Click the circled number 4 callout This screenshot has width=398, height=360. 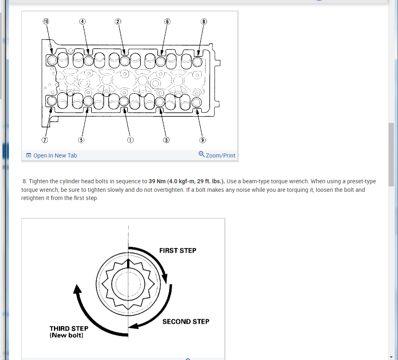pos(82,21)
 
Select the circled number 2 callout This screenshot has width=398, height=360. pos(118,21)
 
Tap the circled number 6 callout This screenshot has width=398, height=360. pos(167,21)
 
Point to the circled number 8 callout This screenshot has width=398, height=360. pos(204,21)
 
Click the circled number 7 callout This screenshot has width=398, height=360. pos(45,140)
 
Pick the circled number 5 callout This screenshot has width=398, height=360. pos(81,140)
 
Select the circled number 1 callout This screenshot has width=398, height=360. pos(130,140)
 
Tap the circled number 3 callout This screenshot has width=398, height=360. pos(166,140)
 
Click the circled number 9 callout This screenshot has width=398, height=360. pos(202,140)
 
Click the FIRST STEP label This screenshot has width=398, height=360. pos(178,251)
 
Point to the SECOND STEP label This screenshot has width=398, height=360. pos(186,322)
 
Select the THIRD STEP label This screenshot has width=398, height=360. pos(69,329)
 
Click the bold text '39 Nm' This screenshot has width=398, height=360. pos(157,181)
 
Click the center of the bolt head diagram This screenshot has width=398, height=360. pos(128,284)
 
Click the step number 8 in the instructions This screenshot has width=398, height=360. pos(25,181)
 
